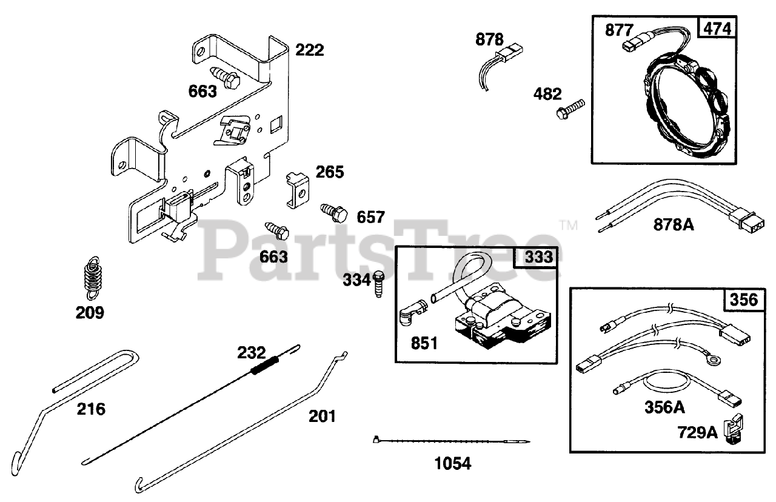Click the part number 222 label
point(309,50)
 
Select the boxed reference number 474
point(717,28)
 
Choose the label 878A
point(673,225)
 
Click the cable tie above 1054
point(452,441)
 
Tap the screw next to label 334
point(378,283)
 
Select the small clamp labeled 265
point(297,189)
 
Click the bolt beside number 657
point(334,212)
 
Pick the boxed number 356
point(744,300)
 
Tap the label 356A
point(664,407)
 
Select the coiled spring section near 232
point(266,366)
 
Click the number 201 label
point(322,416)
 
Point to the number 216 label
point(91,409)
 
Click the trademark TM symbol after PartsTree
point(569,226)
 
